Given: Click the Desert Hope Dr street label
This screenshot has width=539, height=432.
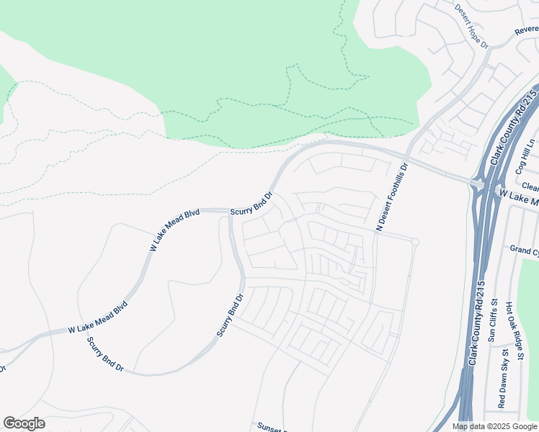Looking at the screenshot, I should point(472,26).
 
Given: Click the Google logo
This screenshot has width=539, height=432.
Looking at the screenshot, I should point(24,423).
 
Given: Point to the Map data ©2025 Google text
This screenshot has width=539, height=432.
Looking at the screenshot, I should point(495,426).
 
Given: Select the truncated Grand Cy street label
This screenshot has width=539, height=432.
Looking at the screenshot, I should point(524,250).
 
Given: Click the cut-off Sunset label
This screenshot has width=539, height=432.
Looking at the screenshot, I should point(271,426).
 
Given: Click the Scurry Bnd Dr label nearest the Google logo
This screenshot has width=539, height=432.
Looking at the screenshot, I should point(105,354).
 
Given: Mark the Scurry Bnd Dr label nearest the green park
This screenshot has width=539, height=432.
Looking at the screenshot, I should point(251,204).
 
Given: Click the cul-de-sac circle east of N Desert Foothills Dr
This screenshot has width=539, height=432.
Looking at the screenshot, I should point(415,241).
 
